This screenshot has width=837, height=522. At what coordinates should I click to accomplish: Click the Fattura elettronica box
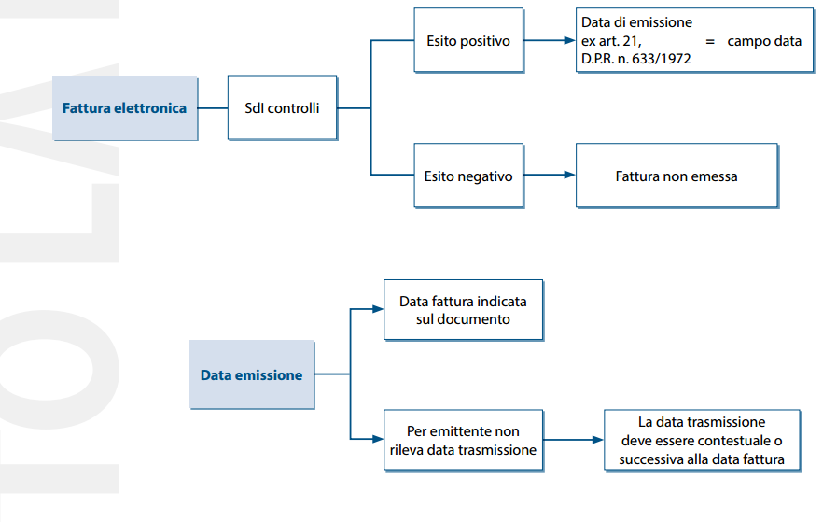tap(125, 108)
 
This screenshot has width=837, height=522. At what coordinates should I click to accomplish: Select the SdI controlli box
tap(283, 107)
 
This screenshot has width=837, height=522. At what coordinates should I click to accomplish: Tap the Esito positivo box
tap(468, 40)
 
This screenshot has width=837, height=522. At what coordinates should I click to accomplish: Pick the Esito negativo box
tap(468, 176)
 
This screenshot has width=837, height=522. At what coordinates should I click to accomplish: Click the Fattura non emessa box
tap(677, 176)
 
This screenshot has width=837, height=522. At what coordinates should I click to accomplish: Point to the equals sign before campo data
tap(710, 41)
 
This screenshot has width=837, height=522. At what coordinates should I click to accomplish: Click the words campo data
tap(764, 41)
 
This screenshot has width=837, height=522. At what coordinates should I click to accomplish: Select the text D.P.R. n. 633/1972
tap(635, 59)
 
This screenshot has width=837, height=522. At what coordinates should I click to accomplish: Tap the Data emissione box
tap(252, 374)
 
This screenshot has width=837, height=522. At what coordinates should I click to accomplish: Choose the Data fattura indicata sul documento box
tap(464, 310)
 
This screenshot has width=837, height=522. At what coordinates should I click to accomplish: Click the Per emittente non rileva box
tap(464, 440)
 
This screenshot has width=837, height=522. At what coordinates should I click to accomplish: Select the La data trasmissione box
tap(703, 440)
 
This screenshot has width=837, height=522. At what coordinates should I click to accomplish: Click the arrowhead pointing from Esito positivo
tap(569, 40)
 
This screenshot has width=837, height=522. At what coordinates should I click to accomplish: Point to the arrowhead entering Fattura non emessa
tap(569, 175)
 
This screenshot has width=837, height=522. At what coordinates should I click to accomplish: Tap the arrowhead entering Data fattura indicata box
tap(378, 309)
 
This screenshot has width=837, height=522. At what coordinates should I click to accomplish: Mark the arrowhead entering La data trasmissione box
tap(598, 440)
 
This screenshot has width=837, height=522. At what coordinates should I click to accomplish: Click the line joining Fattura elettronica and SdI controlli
tap(213, 108)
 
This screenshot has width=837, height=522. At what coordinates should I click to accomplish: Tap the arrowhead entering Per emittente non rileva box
tap(378, 439)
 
